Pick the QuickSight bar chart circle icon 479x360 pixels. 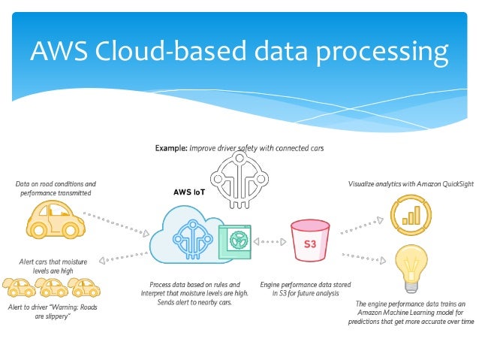pyautogui.click(x=410, y=214)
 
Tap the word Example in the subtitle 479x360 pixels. pyautogui.click(x=170, y=148)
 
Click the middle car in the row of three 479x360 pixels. pyautogui.click(x=53, y=287)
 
